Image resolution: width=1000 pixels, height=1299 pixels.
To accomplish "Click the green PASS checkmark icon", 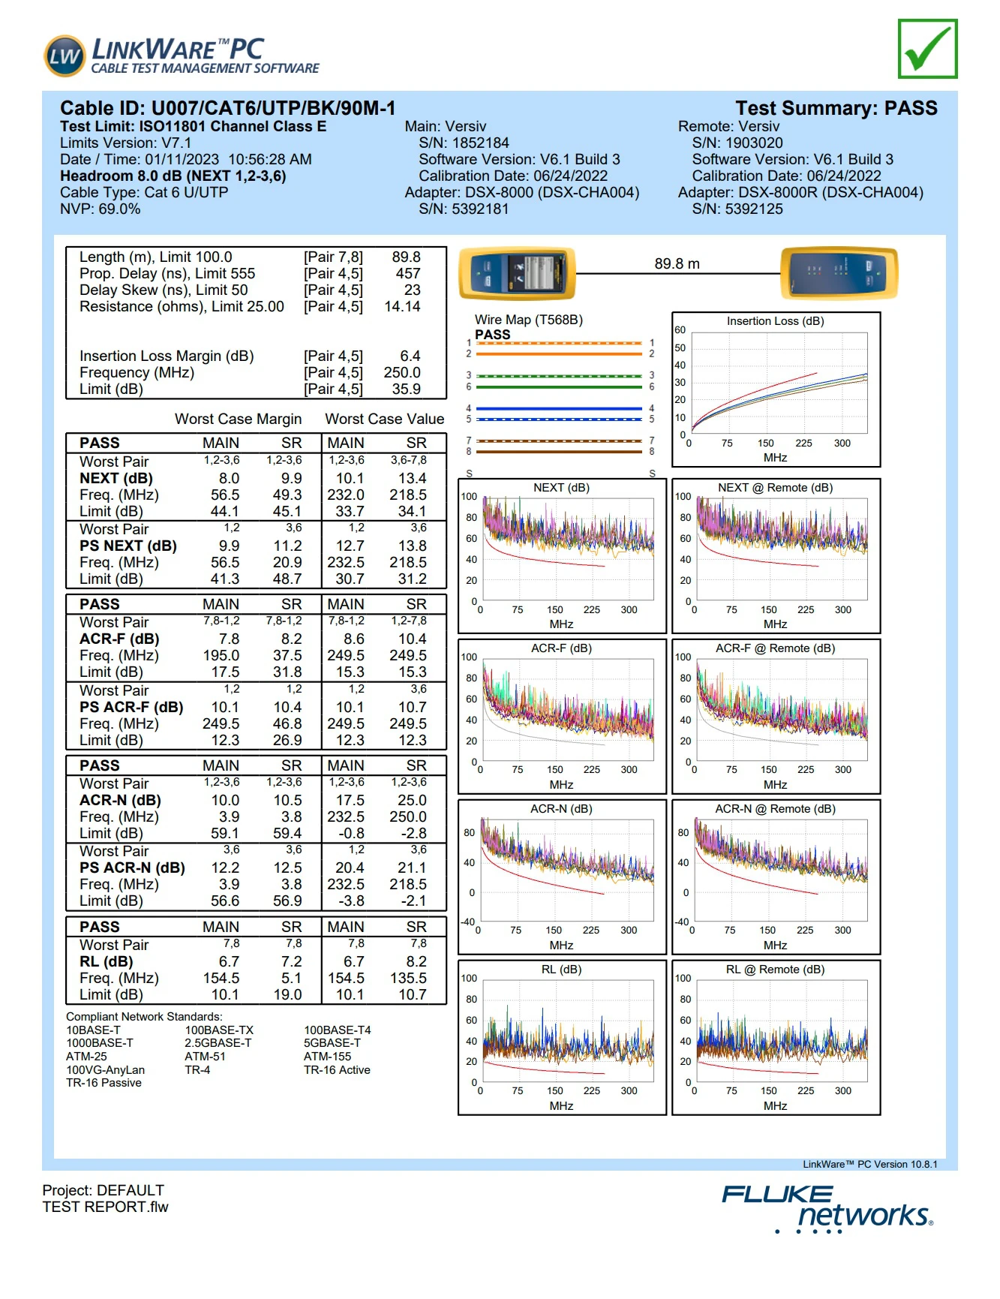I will click(927, 49).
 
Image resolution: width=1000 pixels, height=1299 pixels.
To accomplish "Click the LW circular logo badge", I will click(65, 56).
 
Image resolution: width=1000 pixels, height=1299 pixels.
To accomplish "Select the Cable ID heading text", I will click(227, 108).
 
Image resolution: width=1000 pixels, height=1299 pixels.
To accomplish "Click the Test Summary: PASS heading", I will click(836, 108).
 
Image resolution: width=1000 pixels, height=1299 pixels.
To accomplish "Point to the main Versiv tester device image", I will click(518, 273).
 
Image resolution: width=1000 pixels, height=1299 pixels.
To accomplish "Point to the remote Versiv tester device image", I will click(839, 273).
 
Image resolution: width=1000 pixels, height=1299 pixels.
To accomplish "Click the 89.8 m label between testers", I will click(677, 263).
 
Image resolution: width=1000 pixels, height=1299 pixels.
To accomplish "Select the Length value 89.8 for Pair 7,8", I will click(406, 257).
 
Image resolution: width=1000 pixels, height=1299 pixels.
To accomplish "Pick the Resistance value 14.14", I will click(402, 306).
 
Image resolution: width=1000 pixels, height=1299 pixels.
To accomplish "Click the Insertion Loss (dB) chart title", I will click(775, 321).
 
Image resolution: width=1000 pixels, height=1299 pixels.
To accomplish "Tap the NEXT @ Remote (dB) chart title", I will click(775, 488).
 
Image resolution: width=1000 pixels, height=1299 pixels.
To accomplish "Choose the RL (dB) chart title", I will click(561, 970).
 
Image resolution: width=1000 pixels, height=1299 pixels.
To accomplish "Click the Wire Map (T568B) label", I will click(528, 320).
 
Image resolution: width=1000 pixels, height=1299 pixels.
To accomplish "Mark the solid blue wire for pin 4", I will click(560, 409).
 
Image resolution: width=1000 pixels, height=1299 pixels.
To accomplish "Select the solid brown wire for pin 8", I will click(560, 452).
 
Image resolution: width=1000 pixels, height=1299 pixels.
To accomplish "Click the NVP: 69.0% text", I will click(100, 209).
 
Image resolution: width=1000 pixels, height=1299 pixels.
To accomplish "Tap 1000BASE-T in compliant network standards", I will click(100, 1043).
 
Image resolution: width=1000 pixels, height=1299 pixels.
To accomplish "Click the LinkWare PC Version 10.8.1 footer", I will click(869, 1165).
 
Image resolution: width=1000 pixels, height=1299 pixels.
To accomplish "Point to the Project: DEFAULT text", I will click(103, 1190).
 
